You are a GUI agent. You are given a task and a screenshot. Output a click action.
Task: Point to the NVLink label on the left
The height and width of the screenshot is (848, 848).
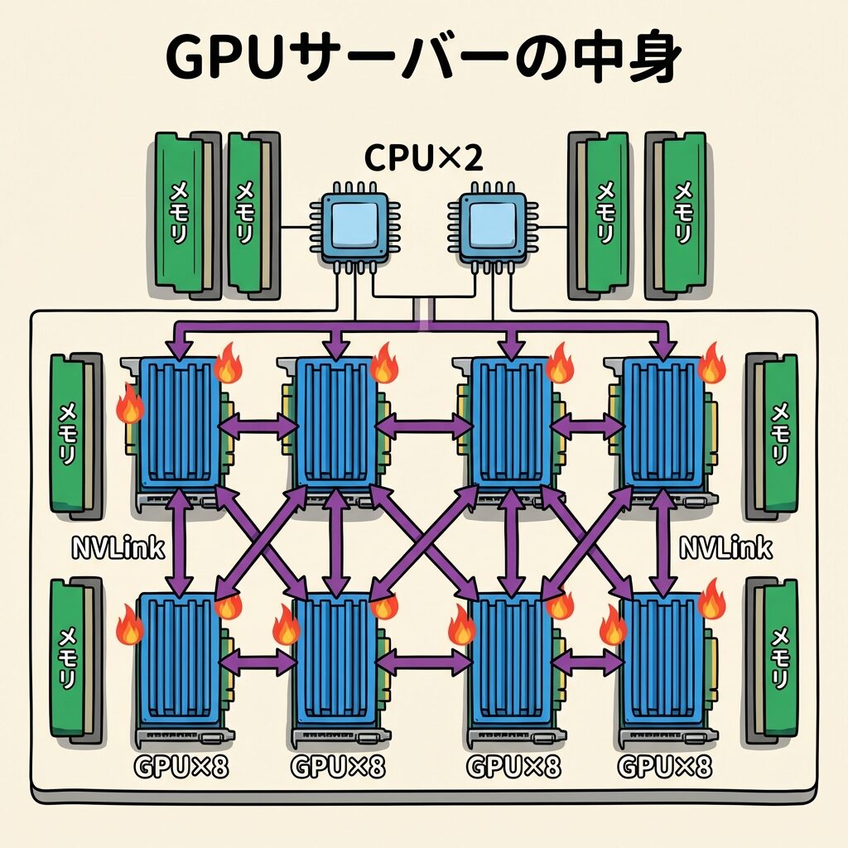(119, 547)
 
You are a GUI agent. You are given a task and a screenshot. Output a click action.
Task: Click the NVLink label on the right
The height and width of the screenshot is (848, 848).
(725, 547)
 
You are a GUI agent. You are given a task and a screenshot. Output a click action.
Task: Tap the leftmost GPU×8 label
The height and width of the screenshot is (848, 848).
(181, 767)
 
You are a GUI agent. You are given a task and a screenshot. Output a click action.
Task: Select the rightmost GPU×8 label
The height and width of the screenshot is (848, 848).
(664, 767)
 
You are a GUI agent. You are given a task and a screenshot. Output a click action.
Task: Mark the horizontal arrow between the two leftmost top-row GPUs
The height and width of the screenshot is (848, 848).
(258, 426)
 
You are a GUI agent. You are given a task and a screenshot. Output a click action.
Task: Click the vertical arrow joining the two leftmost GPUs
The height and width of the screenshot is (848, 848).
(179, 542)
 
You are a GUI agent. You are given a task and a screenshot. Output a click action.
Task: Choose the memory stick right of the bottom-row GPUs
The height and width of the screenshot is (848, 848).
(775, 658)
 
